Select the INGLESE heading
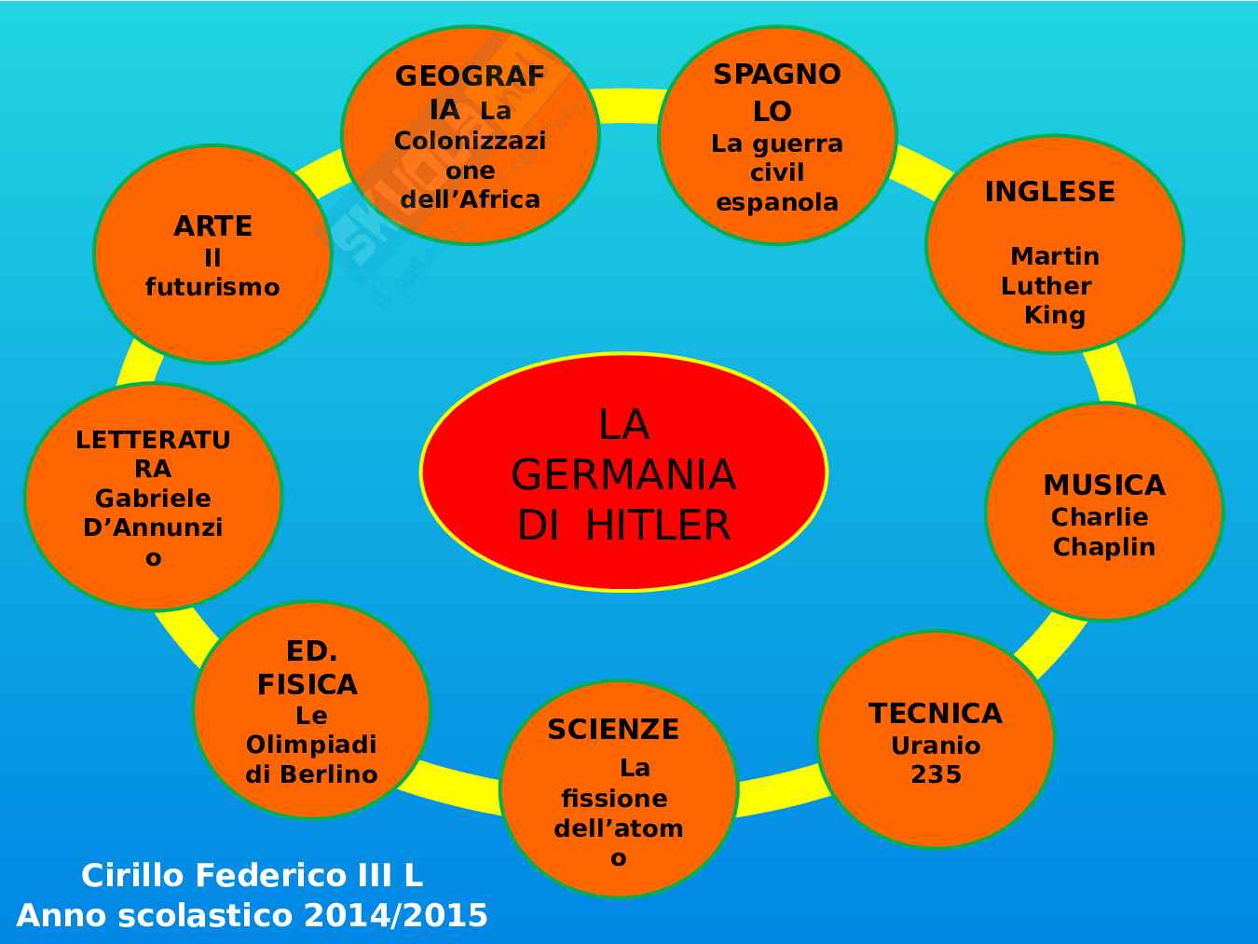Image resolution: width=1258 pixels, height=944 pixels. tap(1049, 192)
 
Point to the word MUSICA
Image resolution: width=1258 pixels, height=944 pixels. tap(1103, 486)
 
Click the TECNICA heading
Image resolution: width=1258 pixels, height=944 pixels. tap(935, 714)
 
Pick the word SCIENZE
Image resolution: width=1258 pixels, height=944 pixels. tap(613, 730)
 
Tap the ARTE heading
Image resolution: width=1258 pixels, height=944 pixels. tap(212, 226)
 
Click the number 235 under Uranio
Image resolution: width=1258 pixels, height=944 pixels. tap(936, 774)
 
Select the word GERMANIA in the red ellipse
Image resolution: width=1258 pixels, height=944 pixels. tap(623, 475)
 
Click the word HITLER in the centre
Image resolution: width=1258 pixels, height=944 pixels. tap(658, 526)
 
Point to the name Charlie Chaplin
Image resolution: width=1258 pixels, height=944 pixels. tap(1102, 532)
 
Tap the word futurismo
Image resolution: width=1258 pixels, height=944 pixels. tap(212, 287)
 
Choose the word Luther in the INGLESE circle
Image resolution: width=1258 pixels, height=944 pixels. tap(1046, 286)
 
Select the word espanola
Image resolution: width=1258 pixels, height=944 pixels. tap(777, 202)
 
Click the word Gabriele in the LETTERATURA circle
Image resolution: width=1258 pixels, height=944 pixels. tap(153, 499)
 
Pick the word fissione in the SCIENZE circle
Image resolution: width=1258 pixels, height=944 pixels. tap(614, 799)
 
